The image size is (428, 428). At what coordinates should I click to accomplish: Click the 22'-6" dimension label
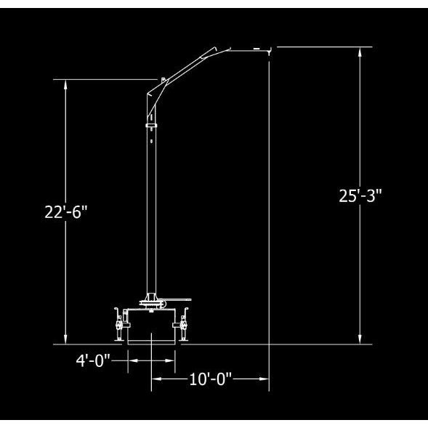(x=66, y=212)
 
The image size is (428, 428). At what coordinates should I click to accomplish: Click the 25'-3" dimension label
(x=360, y=195)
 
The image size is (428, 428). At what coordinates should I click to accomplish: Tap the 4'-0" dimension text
(x=93, y=360)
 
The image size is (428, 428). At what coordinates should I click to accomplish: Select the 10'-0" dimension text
(x=210, y=379)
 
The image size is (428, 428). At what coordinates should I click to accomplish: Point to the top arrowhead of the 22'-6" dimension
(x=65, y=85)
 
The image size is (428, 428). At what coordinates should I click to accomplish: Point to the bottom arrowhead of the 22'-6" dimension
(x=65, y=339)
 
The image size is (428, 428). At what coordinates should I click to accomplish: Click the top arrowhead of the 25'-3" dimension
(x=360, y=52)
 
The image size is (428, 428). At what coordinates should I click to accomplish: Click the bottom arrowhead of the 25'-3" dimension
(x=360, y=339)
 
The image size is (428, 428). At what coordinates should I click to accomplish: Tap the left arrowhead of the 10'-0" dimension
(x=157, y=379)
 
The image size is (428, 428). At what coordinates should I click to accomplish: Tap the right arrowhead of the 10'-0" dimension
(x=264, y=379)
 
